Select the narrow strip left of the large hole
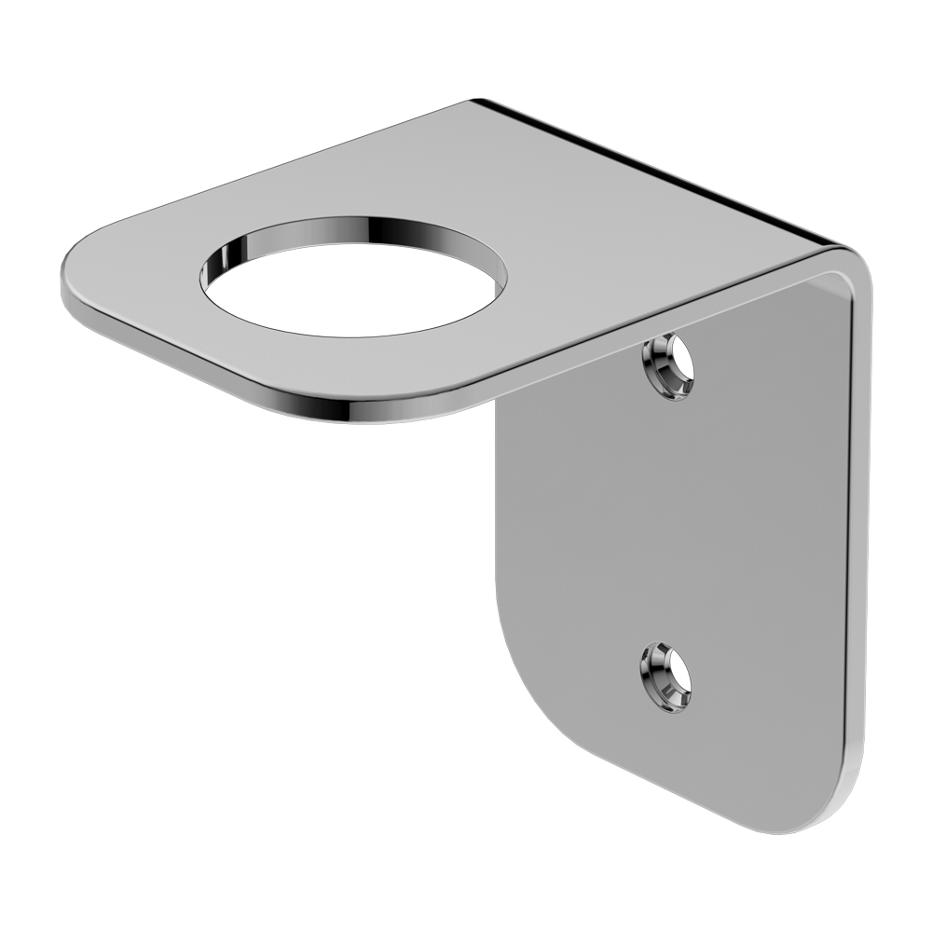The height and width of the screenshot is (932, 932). pyautogui.click(x=149, y=280)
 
